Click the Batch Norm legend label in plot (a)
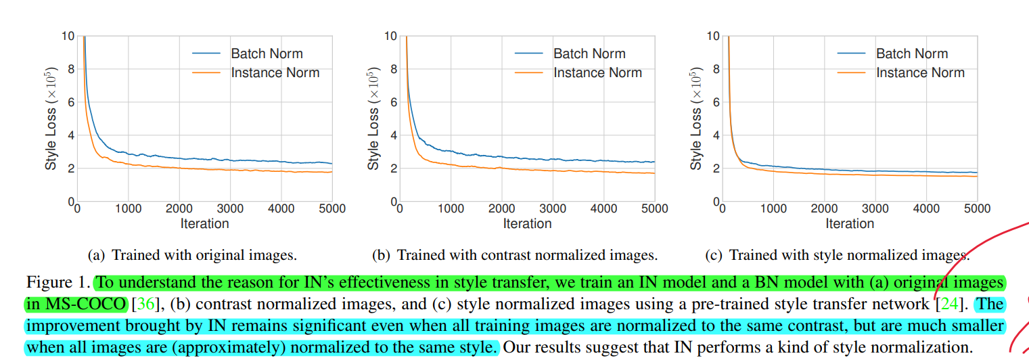(x=267, y=53)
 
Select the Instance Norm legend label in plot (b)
(x=597, y=72)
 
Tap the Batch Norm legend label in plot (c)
(x=912, y=53)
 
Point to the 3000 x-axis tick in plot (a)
(x=230, y=209)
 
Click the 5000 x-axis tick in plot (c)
(x=976, y=209)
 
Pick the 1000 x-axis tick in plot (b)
(x=451, y=209)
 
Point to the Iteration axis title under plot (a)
(x=204, y=224)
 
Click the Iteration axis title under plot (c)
(x=850, y=224)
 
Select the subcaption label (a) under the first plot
(x=97, y=256)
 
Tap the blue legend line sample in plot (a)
(x=206, y=53)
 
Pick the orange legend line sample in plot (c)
(x=852, y=72)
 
